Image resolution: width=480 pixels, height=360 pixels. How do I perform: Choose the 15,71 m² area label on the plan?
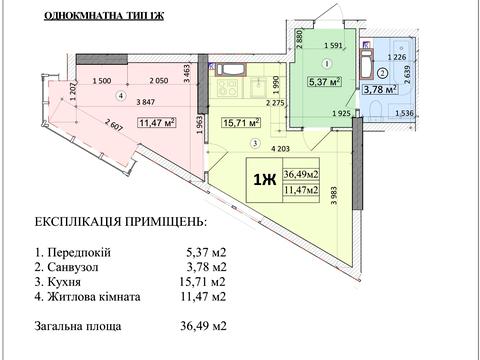pyautogui.click(x=241, y=124)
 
